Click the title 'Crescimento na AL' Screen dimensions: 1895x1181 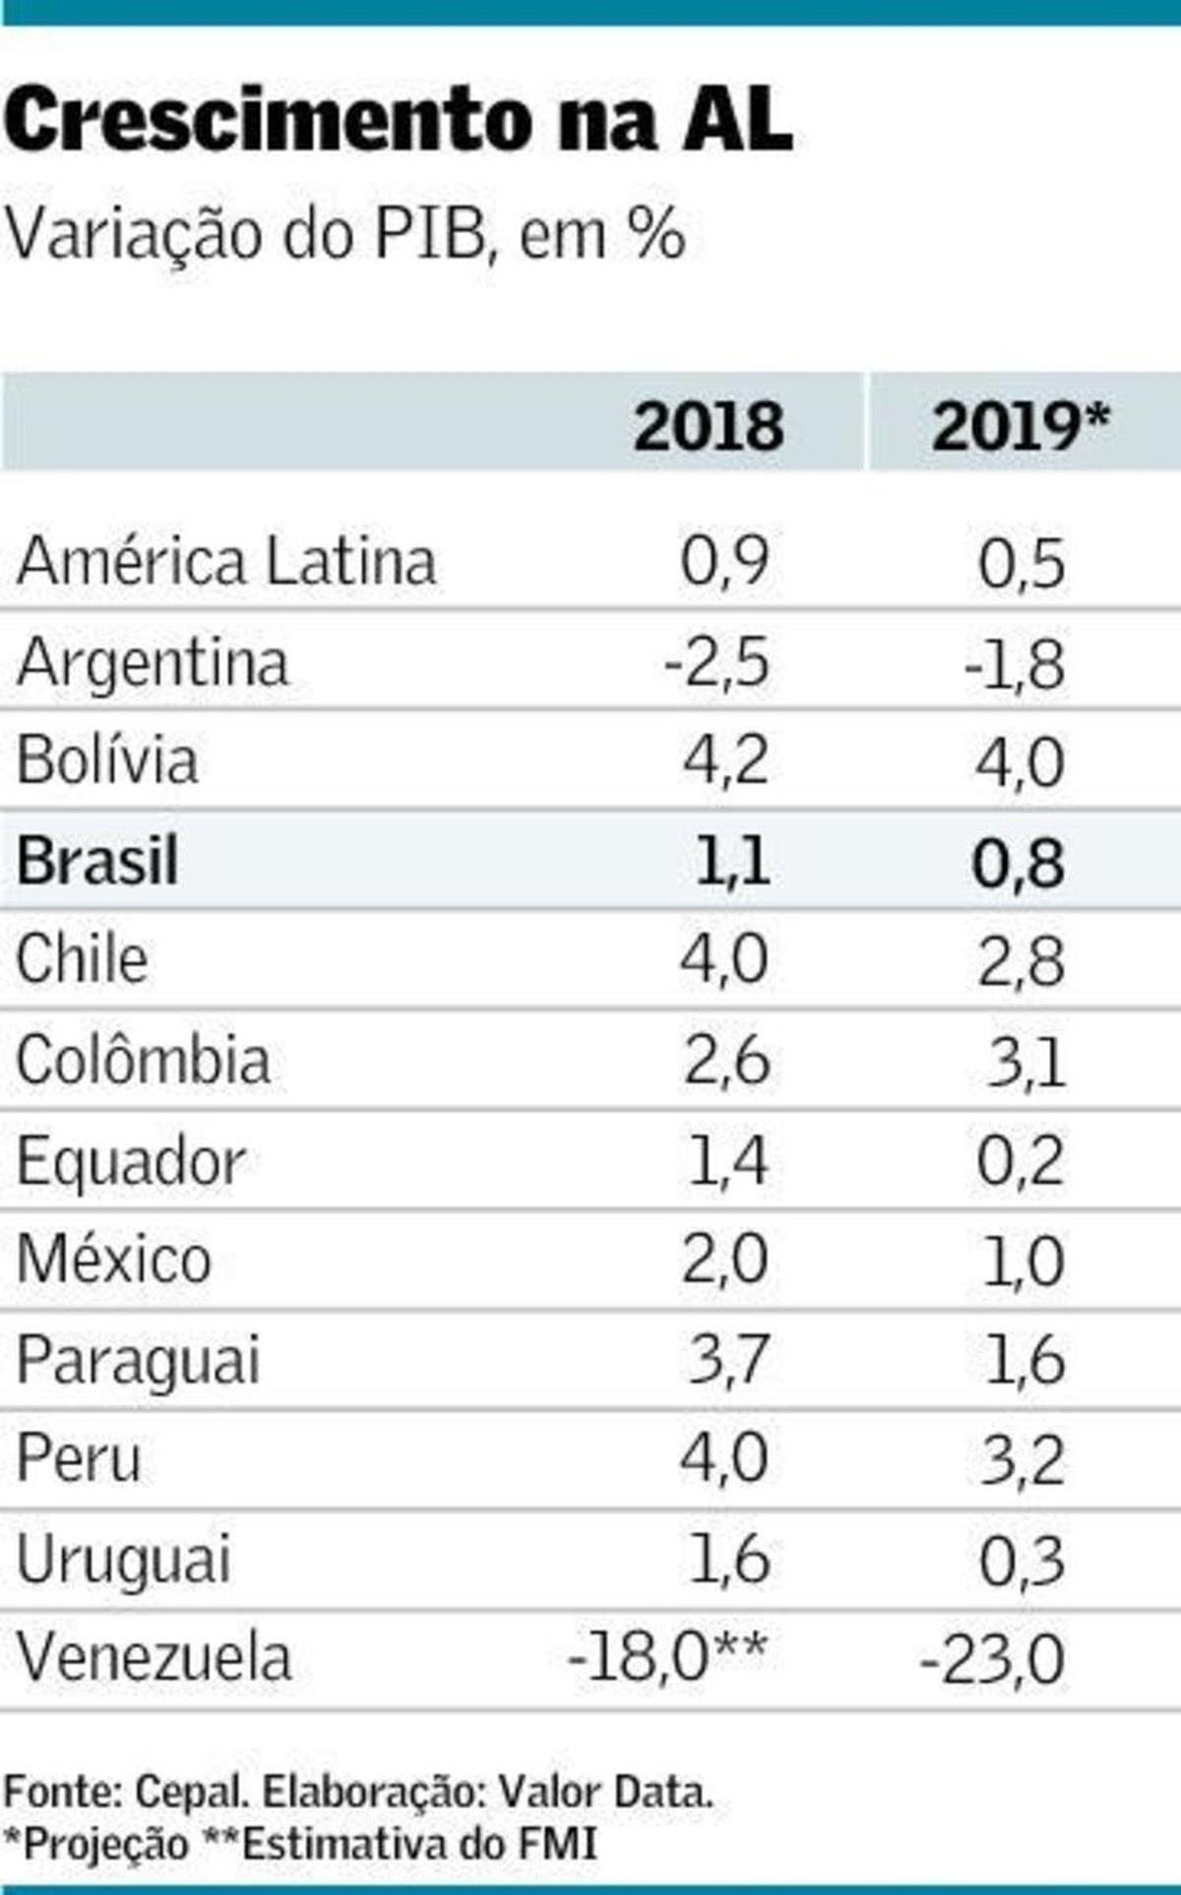tap(398, 121)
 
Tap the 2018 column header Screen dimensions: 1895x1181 tap(709, 427)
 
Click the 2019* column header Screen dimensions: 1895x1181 tap(1020, 427)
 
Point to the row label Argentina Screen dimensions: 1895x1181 tap(153, 661)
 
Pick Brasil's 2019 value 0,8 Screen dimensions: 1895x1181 tap(1019, 863)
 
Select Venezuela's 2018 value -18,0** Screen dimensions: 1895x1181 tap(667, 1657)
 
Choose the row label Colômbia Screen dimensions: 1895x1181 tap(144, 1061)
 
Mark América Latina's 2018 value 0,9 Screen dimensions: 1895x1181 tap(724, 562)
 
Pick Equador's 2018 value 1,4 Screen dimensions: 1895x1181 tap(727, 1161)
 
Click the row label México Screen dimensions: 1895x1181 tap(114, 1259)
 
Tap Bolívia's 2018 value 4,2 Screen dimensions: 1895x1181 tap(725, 761)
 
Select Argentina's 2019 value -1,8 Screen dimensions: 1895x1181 tap(1015, 664)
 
